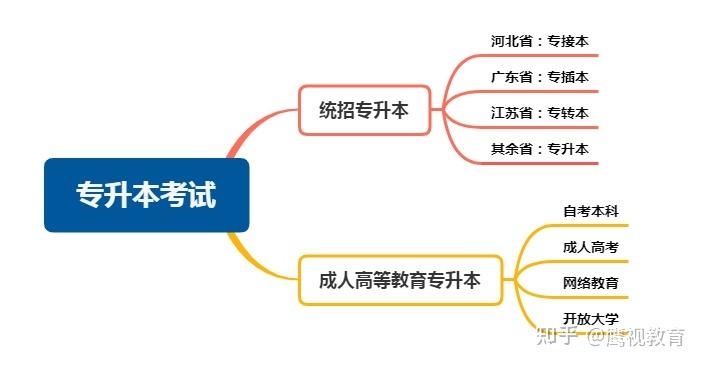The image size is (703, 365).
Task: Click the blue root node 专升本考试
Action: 146,195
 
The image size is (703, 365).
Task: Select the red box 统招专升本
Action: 363,110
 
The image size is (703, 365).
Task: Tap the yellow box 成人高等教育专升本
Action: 399,281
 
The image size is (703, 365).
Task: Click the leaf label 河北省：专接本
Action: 539,41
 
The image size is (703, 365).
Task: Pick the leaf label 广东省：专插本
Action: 539,77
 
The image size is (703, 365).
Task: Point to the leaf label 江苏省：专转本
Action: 539,113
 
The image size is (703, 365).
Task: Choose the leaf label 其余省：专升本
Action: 539,149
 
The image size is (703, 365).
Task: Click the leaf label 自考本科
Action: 590,211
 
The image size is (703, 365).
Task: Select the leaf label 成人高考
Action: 590,247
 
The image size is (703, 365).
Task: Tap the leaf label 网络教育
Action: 590,283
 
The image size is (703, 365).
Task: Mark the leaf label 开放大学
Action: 590,319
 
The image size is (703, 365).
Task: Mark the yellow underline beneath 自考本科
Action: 590,225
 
